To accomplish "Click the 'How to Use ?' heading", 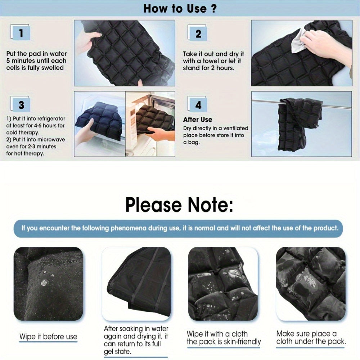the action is click(x=180, y=9).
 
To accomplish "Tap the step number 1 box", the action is click(x=21, y=33).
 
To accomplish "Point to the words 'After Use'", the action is click(x=197, y=120).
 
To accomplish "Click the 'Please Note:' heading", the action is click(x=179, y=204).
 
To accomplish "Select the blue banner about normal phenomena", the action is click(x=178, y=228).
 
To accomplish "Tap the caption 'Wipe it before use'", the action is click(x=48, y=337).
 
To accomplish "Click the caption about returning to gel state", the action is click(x=136, y=340).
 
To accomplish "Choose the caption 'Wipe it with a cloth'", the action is click(x=217, y=334).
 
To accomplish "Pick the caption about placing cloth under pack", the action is click(x=311, y=337).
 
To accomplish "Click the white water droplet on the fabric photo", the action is click(x=44, y=283).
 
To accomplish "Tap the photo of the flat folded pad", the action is click(x=136, y=284).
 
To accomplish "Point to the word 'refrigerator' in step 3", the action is click(x=51, y=119).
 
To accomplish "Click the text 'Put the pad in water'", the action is click(x=36, y=54).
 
